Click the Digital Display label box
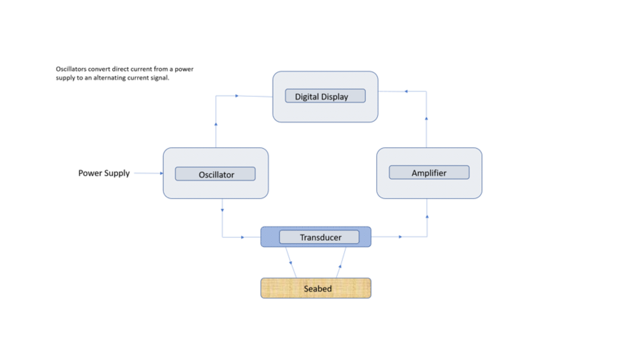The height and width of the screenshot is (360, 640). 325,96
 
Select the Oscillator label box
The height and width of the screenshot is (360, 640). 215,174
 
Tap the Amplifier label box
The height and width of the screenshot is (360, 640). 429,172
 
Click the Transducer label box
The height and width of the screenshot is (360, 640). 319,237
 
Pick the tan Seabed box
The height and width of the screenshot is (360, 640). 316,288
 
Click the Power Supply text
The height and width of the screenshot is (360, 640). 104,173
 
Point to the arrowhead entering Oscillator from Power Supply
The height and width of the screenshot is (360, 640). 162,173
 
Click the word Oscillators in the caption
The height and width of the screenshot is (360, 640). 71,69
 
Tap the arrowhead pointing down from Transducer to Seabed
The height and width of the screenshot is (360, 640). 291,263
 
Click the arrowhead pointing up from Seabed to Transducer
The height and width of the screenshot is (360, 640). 340,266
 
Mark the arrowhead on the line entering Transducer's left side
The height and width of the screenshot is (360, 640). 242,237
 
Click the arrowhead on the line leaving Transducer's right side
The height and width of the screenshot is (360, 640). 400,237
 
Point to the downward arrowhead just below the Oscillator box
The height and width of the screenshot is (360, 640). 222,210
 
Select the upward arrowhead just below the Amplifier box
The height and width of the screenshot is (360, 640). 427,216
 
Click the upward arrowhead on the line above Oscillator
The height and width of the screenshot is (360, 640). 216,124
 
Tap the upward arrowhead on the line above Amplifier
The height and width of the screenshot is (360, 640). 426,118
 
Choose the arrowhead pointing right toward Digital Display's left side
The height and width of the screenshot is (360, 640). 237,96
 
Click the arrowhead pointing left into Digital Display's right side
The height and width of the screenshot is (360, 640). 406,91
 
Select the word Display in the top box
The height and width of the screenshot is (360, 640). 334,97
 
